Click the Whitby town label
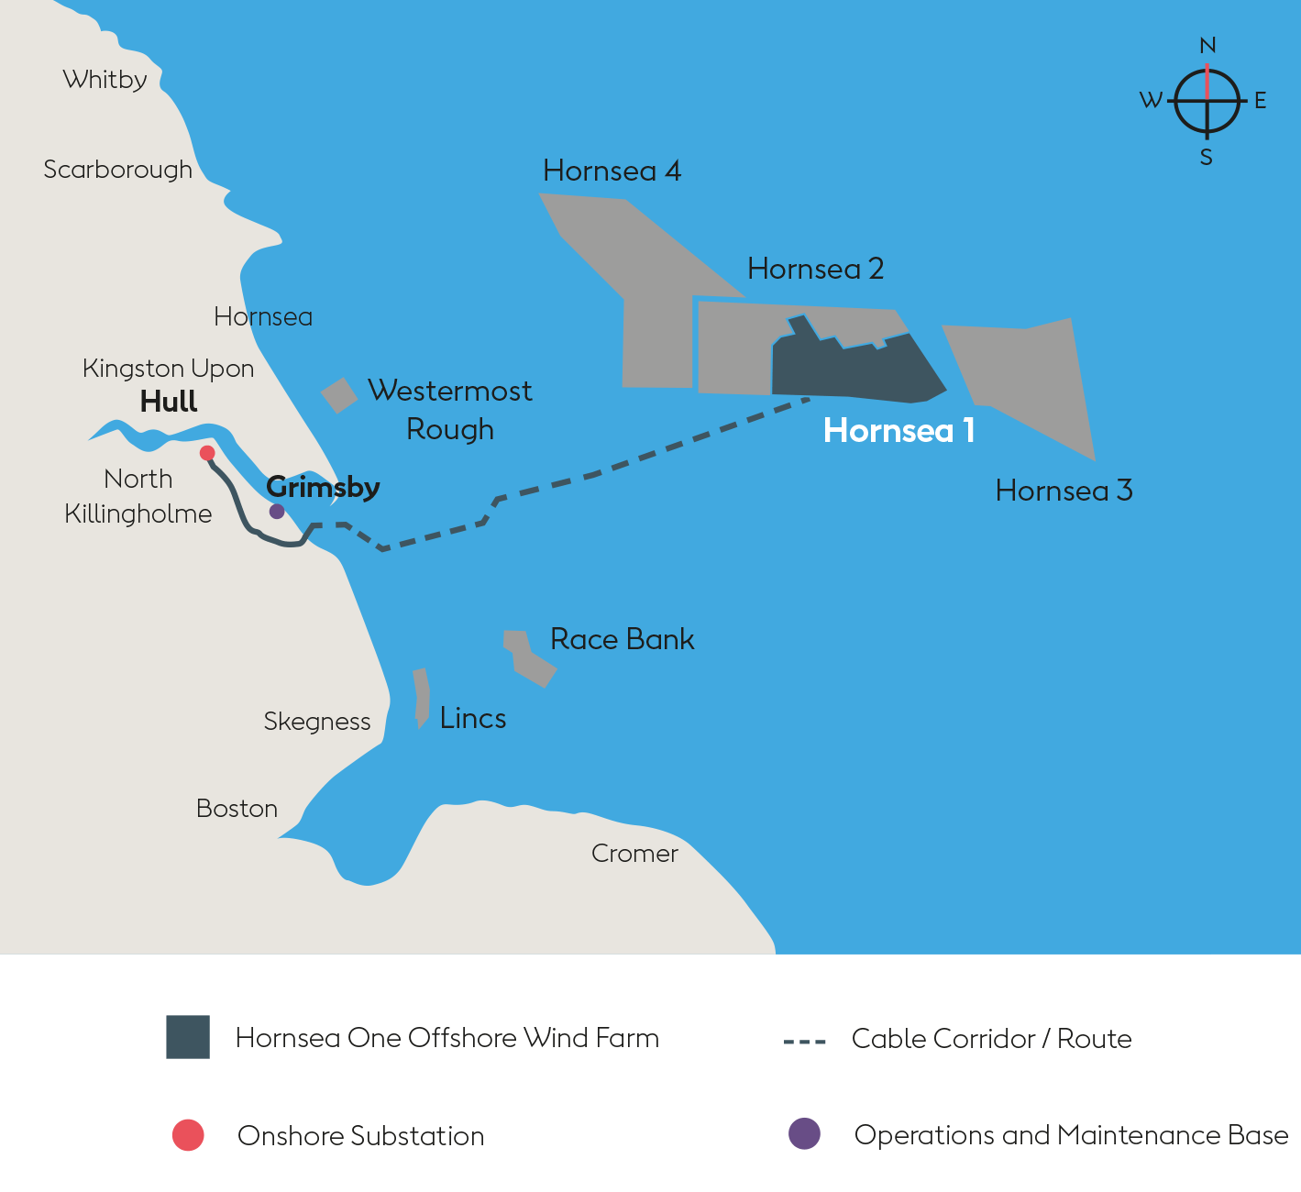(105, 80)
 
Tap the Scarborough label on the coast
(117, 170)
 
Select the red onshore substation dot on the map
(207, 453)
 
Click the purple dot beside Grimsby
(276, 512)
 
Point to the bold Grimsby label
(323, 487)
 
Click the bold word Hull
(169, 402)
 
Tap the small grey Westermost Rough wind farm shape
(339, 395)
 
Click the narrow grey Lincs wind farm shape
(422, 697)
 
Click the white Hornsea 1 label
(899, 431)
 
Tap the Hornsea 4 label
(612, 171)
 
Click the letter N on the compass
(1207, 46)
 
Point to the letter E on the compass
(1261, 101)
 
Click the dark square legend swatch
(188, 1037)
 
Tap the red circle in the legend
(188, 1135)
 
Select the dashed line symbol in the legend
(805, 1042)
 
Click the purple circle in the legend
(804, 1134)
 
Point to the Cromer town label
(634, 854)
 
